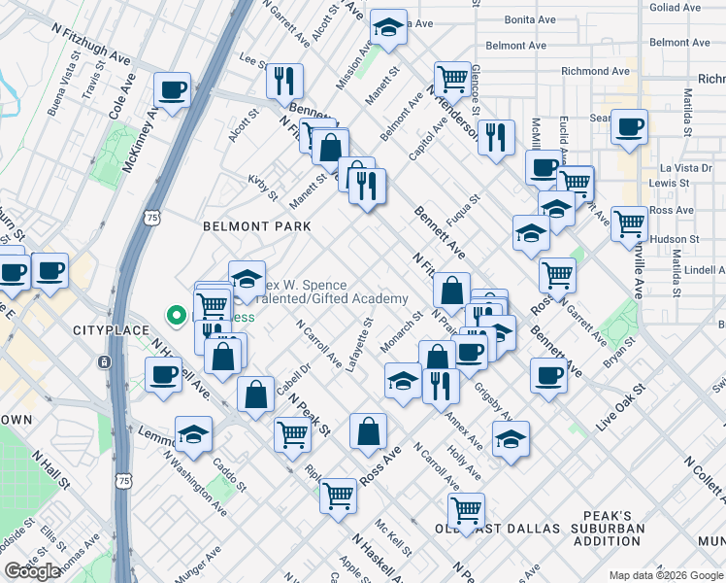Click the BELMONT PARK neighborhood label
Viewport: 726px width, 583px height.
(x=256, y=226)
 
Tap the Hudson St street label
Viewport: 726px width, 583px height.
(x=674, y=239)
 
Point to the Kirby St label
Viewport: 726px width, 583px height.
(x=263, y=189)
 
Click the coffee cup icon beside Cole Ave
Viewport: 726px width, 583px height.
(x=173, y=90)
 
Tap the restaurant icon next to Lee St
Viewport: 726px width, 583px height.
(x=284, y=81)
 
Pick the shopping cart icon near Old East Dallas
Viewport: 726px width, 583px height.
(x=466, y=509)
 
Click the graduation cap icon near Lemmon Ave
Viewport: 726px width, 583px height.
(x=193, y=433)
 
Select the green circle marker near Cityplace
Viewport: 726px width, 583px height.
(x=177, y=314)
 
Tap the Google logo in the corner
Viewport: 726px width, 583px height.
(x=32, y=571)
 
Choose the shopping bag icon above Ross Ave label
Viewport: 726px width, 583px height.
(x=368, y=430)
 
